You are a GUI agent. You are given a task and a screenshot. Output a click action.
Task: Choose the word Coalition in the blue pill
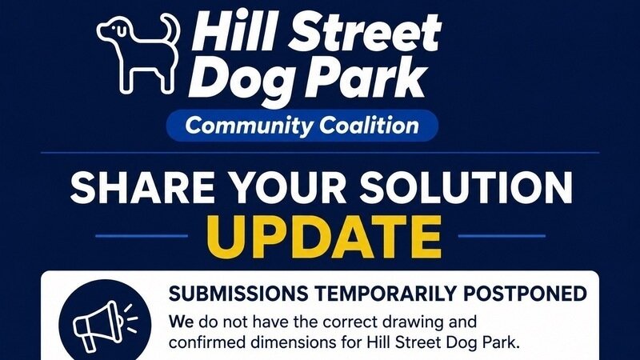[369, 125]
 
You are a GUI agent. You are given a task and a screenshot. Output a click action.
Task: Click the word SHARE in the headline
[143, 187]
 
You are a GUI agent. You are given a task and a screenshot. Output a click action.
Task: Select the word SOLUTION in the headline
[466, 187]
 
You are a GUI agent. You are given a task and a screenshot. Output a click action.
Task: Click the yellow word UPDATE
[325, 237]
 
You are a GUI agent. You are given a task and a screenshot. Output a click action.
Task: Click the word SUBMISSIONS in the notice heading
[238, 294]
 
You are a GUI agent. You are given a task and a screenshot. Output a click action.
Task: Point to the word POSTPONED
[526, 294]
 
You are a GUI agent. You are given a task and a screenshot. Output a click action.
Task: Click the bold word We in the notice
[182, 322]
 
